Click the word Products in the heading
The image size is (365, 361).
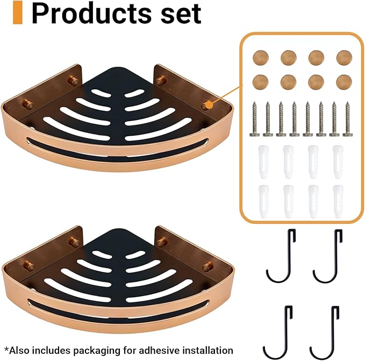(92, 13)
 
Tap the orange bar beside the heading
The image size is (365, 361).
(18, 12)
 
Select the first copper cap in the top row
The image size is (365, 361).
(261, 58)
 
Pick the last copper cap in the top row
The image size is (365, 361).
(344, 58)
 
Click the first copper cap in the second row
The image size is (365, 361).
(261, 82)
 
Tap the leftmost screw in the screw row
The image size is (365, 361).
(255, 119)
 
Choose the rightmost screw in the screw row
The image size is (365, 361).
(348, 119)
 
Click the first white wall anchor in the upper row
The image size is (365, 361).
(263, 162)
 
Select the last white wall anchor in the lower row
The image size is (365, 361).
(338, 202)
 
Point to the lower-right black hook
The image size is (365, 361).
(325, 332)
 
